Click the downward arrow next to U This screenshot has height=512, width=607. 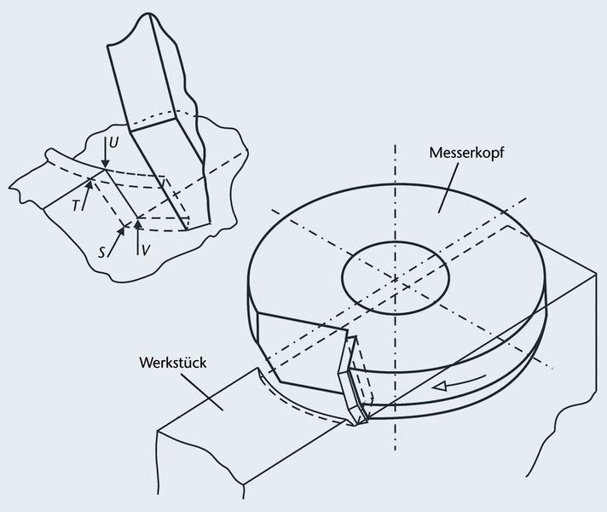pos(103,153)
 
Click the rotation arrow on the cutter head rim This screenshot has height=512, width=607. pos(451,387)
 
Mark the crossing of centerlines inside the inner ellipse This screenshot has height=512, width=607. pos(396,276)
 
